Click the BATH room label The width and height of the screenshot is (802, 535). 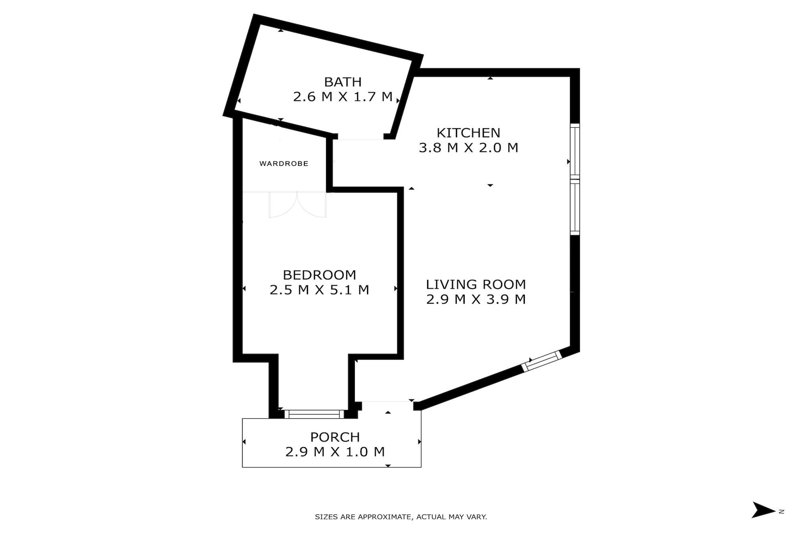[343, 82]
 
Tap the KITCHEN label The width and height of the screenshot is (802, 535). [468, 133]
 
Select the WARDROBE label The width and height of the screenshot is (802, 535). [284, 164]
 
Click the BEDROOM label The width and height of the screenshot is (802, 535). [320, 275]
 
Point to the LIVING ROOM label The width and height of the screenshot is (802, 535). [476, 285]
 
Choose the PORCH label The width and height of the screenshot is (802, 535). [335, 437]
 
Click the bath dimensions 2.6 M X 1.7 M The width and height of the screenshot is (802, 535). [343, 97]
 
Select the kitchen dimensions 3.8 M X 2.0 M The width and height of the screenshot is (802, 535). [468, 148]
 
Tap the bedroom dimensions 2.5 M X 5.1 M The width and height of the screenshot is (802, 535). [320, 290]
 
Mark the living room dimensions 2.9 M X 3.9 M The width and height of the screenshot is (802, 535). [476, 299]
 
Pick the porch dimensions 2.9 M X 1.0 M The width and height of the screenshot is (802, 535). [335, 452]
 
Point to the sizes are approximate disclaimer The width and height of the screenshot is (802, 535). [401, 517]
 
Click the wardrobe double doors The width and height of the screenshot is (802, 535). [297, 205]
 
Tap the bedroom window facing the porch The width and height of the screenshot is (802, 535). [314, 414]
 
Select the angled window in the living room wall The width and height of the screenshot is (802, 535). [542, 361]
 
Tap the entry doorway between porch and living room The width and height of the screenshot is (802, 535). [387, 402]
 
